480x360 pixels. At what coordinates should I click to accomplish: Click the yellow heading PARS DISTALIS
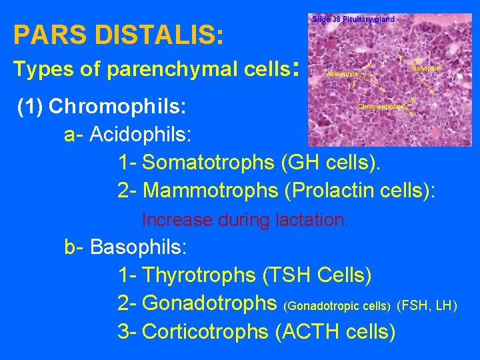click(x=118, y=35)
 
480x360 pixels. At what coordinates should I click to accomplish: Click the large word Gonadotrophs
click(x=210, y=303)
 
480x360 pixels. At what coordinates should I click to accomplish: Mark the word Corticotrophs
click(x=205, y=331)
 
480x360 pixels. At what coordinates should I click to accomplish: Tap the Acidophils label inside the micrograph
click(x=342, y=74)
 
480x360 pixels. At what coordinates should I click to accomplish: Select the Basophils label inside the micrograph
click(x=427, y=68)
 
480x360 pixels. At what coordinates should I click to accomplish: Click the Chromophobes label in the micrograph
click(x=381, y=107)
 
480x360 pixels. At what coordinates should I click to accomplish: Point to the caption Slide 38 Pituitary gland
click(x=353, y=19)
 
